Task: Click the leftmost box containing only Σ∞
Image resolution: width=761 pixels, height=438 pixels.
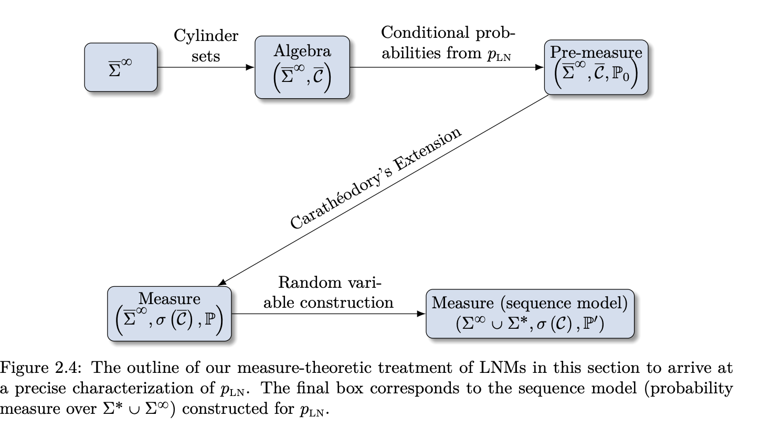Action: pyautogui.click(x=121, y=67)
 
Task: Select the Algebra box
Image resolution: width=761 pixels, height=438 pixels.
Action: pyautogui.click(x=302, y=67)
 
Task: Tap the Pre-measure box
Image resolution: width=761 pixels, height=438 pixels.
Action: pyautogui.click(x=596, y=67)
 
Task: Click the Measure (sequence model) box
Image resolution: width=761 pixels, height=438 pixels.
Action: pyautogui.click(x=530, y=314)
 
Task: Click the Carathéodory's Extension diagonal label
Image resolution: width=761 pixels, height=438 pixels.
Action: pyautogui.click(x=375, y=178)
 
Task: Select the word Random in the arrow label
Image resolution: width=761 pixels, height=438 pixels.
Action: pyautogui.click(x=310, y=282)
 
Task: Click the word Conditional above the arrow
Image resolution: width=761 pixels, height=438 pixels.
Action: pyautogui.click(x=425, y=33)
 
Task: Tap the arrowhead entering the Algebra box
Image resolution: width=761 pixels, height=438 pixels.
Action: pyautogui.click(x=250, y=67)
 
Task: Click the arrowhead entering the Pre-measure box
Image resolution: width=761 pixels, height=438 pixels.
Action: pyautogui.click(x=540, y=67)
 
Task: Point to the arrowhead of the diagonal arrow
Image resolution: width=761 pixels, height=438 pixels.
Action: pyautogui.click(x=222, y=283)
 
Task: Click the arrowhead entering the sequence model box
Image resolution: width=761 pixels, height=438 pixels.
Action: pyautogui.click(x=421, y=314)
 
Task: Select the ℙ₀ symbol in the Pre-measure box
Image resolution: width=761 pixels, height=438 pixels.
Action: pyautogui.click(x=620, y=75)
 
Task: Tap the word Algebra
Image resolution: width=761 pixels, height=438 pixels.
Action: pyautogui.click(x=302, y=51)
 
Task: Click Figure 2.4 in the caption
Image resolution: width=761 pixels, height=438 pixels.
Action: pyautogui.click(x=41, y=368)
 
